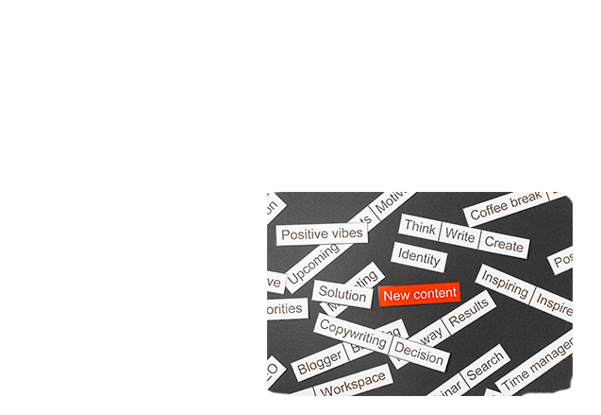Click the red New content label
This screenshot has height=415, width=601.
coord(420,295)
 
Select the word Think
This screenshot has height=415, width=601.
coord(420,228)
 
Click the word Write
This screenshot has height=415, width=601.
coord(459,235)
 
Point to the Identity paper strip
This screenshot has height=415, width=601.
coord(419,257)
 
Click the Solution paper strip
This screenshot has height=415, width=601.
coord(342,294)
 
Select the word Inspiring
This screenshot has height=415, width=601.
coord(505,283)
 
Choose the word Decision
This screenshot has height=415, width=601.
coord(419,354)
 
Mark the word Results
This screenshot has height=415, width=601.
coord(469,314)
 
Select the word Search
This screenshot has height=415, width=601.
coord(485,365)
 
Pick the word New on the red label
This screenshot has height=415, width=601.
coord(397,296)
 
